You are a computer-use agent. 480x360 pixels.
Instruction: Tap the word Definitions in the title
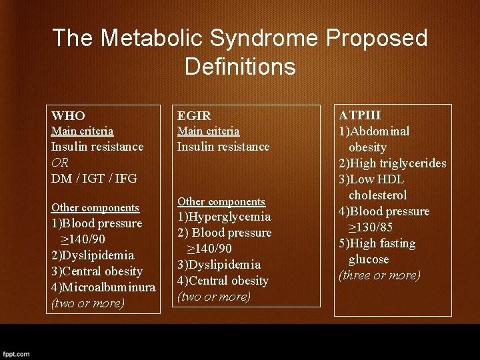click(x=240, y=66)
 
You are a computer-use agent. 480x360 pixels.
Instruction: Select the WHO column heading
click(x=68, y=115)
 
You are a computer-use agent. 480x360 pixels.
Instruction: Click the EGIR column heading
click(x=193, y=116)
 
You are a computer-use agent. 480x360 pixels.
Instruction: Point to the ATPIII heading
click(x=360, y=115)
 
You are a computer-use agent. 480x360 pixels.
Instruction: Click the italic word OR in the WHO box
click(x=60, y=162)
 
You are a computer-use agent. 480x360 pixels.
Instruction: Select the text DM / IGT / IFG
click(x=94, y=178)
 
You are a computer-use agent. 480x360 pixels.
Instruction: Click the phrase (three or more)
click(x=379, y=275)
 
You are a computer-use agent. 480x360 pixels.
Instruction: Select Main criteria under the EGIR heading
click(x=208, y=131)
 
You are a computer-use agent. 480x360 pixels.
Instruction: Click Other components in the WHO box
click(x=95, y=207)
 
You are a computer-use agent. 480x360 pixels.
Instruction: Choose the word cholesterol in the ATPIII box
click(x=377, y=195)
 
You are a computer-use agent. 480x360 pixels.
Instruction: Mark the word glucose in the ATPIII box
click(x=369, y=259)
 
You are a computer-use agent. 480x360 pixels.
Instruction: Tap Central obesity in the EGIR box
click(x=229, y=281)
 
